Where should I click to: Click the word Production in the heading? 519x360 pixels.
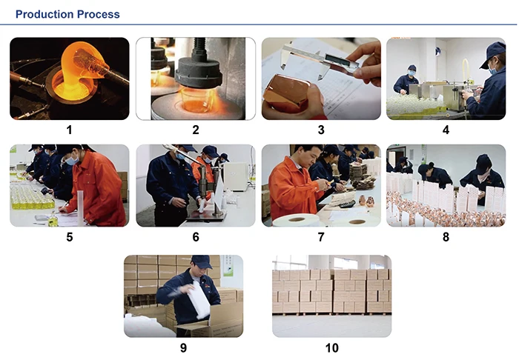44,14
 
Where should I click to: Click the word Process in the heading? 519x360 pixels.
99,14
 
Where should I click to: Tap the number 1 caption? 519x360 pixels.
69,130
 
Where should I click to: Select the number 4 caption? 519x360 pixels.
446,130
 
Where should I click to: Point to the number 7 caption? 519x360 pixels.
321,237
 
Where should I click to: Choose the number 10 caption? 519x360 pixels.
331,347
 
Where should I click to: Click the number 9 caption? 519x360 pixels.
183,347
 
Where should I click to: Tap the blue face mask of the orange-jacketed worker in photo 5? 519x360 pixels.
72,161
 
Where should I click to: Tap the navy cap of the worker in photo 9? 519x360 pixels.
202,261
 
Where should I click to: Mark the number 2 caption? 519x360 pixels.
196,130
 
